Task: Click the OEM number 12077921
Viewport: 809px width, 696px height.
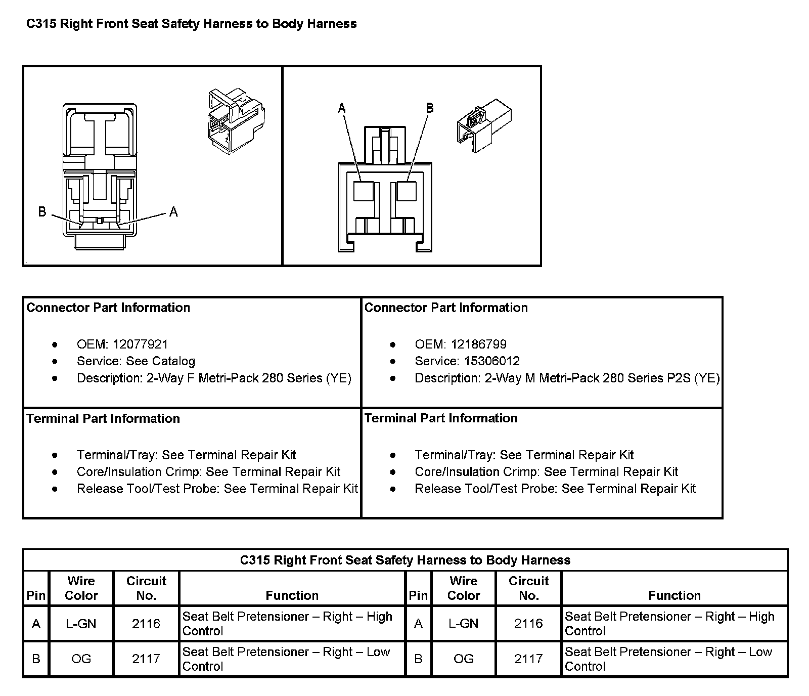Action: (x=140, y=344)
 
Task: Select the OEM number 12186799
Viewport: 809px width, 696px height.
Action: (x=478, y=344)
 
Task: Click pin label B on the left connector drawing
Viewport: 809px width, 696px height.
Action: (x=42, y=211)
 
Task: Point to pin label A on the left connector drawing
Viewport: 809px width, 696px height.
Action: (x=173, y=212)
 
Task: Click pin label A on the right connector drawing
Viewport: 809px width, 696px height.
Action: (x=342, y=108)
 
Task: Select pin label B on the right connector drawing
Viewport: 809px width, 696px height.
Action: (x=429, y=108)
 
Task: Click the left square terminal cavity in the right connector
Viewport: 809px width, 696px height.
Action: (x=364, y=191)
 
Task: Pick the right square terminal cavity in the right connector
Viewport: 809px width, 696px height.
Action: (x=406, y=191)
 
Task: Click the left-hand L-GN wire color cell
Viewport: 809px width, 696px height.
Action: (x=81, y=624)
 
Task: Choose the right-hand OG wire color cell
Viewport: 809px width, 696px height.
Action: (x=463, y=659)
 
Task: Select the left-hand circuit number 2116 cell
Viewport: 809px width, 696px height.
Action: (x=146, y=624)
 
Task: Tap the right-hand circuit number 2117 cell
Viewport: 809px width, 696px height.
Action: (x=528, y=659)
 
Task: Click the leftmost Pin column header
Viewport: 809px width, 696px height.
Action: (x=36, y=595)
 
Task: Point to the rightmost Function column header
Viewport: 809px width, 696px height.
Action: (x=675, y=595)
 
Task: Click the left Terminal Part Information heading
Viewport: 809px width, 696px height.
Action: (x=103, y=418)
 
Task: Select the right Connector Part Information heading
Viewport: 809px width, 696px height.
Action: (x=446, y=308)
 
